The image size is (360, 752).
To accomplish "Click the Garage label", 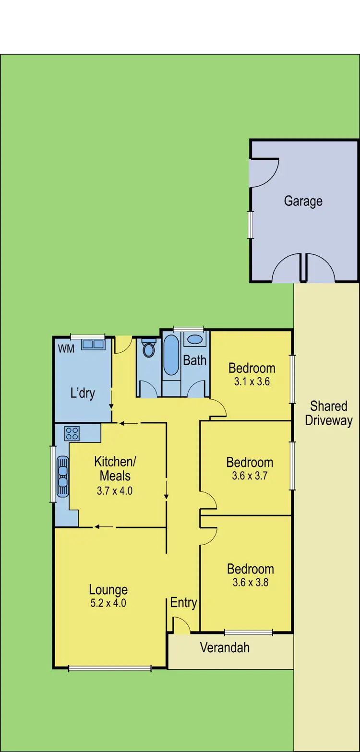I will [303, 201].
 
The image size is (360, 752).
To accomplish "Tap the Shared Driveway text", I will [329, 413].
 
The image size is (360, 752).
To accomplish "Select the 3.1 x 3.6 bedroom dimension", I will [252, 382].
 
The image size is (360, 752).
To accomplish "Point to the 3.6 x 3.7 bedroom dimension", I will [250, 477].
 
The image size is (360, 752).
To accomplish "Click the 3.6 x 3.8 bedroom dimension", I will [251, 583].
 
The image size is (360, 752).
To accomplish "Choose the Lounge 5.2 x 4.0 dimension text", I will [108, 603].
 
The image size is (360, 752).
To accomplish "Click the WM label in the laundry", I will [66, 349].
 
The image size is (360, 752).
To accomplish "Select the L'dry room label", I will [83, 394].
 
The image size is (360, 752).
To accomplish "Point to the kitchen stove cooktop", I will [72, 433].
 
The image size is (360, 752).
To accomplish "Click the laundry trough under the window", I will [93, 345].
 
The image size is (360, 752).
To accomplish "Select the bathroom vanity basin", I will [194, 339].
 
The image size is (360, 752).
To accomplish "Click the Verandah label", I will [225, 647].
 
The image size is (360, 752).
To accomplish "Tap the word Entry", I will [183, 603].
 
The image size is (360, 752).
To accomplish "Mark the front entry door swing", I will [182, 626].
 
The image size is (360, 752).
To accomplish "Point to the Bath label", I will [194, 360].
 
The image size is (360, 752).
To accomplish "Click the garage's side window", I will [250, 225].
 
